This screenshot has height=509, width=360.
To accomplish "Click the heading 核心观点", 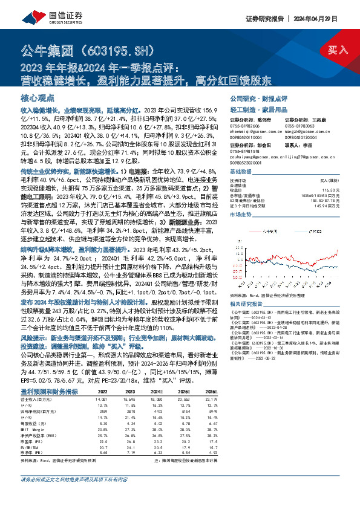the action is (38, 97).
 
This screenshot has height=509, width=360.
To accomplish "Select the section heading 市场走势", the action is (241, 215).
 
